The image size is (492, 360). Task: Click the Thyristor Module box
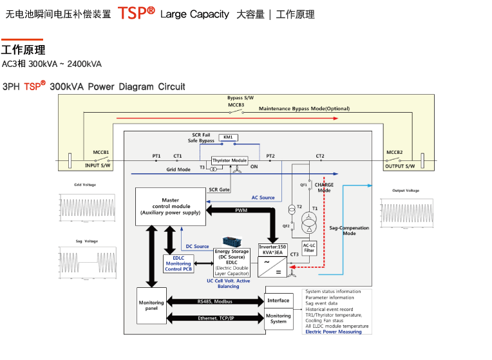click(229, 160)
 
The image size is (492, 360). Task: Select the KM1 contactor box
click(227, 137)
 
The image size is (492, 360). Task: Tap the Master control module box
click(170, 207)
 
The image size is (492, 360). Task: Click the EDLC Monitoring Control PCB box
click(178, 263)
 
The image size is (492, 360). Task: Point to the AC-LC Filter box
click(308, 247)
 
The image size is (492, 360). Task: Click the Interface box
click(278, 300)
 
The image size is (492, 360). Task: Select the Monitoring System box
click(278, 319)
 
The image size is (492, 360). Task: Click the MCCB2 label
click(394, 152)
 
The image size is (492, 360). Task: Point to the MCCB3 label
click(236, 104)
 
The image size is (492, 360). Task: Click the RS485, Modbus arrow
click(215, 301)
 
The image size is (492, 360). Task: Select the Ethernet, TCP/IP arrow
click(215, 318)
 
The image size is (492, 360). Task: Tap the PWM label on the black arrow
click(241, 211)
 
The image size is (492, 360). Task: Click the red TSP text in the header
click(132, 14)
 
